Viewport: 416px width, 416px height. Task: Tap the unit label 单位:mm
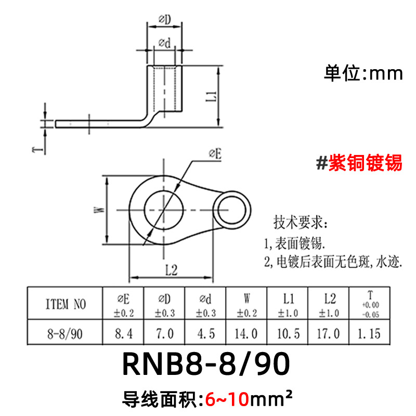click(x=363, y=73)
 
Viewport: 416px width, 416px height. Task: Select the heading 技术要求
click(x=301, y=224)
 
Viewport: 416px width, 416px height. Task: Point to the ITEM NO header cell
click(x=66, y=304)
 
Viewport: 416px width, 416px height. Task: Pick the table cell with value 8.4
click(x=123, y=333)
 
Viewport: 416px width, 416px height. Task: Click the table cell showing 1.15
click(x=369, y=333)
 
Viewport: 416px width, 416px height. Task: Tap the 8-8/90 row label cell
click(x=66, y=333)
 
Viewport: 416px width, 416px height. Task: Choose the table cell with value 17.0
click(x=329, y=333)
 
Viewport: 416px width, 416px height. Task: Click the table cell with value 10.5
click(x=288, y=333)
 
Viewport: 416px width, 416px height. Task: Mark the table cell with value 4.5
click(x=205, y=333)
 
